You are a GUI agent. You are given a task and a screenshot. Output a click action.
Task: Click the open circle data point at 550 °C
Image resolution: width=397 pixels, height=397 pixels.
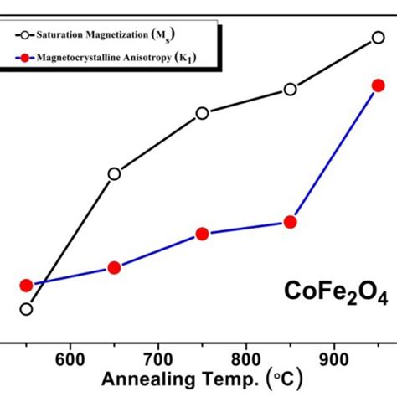26,309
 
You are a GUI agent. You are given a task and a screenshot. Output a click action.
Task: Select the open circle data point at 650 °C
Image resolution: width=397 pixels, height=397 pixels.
115,174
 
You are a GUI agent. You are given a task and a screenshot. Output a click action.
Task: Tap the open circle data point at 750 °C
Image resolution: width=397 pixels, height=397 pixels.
202,114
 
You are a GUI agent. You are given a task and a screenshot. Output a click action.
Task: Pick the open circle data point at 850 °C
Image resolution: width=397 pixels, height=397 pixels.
291,90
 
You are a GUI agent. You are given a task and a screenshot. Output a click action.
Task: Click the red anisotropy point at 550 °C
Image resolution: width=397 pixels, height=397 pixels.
26,286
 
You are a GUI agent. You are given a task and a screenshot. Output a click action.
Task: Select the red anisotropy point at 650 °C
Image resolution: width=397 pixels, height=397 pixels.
115,268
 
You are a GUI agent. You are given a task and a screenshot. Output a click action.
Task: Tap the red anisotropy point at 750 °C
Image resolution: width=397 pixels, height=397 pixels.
202,234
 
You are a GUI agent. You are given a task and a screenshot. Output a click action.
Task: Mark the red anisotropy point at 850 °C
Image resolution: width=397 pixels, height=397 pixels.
291,222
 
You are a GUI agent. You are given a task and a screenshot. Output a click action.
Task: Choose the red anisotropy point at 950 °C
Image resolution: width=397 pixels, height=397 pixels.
378,85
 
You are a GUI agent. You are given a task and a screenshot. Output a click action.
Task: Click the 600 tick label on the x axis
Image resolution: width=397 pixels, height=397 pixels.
70,355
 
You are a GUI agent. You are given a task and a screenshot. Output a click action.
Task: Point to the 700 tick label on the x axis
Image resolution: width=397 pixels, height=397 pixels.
157,355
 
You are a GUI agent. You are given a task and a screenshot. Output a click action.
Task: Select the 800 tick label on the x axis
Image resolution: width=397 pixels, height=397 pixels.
245,355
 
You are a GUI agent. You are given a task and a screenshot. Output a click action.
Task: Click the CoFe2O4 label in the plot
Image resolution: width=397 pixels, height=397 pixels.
333,295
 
